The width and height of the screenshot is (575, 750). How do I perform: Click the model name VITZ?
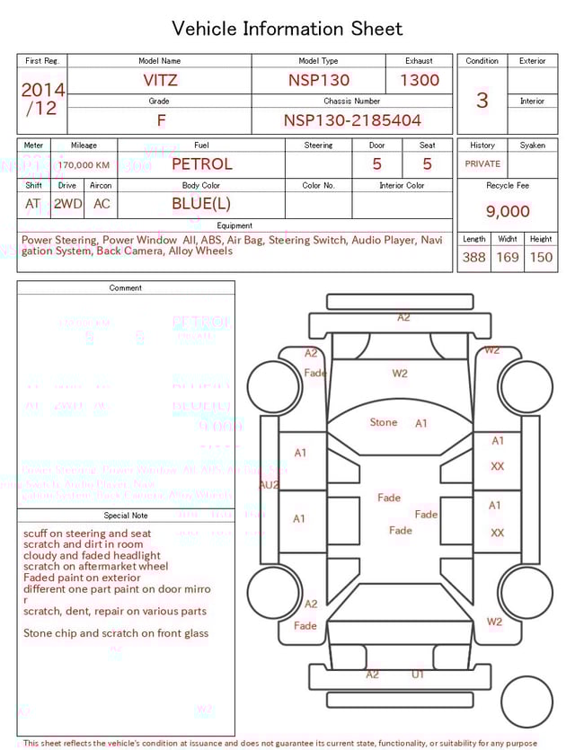click(160, 80)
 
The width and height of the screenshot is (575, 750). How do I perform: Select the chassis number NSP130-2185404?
click(352, 120)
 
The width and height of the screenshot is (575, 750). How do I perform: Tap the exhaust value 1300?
click(420, 80)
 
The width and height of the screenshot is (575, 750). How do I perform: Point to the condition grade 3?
click(482, 100)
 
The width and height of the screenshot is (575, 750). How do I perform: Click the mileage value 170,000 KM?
click(84, 165)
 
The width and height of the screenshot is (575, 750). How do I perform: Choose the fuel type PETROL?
click(201, 164)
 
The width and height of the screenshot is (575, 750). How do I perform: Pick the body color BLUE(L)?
click(201, 204)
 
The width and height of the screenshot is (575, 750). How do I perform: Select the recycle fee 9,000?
click(508, 212)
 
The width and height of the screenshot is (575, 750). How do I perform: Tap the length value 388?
click(473, 258)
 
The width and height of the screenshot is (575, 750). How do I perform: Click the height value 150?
click(541, 258)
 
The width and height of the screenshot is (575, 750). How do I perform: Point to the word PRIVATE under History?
click(482, 164)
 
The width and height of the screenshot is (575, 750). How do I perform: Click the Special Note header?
click(126, 516)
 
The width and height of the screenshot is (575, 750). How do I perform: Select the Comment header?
click(126, 288)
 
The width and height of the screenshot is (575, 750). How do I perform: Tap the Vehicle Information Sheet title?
click(287, 29)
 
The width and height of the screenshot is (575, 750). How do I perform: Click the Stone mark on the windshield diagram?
click(384, 422)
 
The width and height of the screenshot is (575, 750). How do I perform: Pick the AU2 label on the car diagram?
click(269, 485)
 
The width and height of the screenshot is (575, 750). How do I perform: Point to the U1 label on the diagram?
click(418, 674)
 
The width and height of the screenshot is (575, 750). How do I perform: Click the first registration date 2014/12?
click(42, 99)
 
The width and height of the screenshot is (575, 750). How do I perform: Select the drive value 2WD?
click(67, 204)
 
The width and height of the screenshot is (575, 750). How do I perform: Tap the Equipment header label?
click(234, 225)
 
